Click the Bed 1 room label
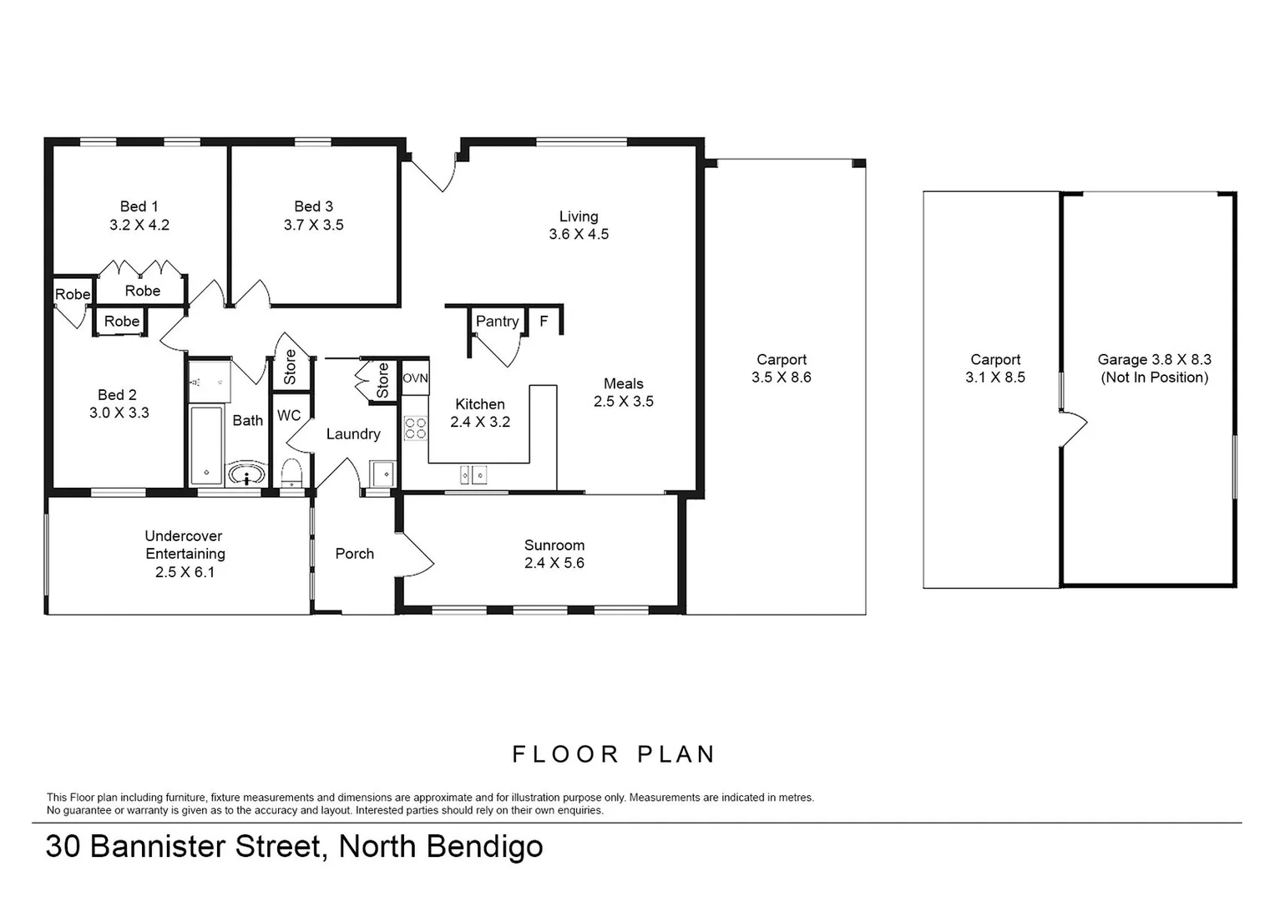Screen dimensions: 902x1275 tap(139, 206)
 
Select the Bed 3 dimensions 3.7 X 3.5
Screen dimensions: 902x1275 tap(313, 225)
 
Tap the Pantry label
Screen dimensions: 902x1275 tap(497, 322)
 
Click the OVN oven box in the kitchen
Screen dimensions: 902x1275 tap(415, 378)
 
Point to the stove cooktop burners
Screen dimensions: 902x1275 tap(415, 428)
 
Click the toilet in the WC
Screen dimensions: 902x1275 tap(291, 473)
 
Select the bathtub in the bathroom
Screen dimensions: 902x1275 tap(206, 445)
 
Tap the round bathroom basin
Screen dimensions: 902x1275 tap(246, 476)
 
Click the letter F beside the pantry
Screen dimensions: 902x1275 tap(544, 322)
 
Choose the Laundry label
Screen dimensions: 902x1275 tap(353, 434)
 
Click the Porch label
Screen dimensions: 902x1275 tap(354, 554)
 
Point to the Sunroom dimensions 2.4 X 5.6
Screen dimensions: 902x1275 tap(554, 563)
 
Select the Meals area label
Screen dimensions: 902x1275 tap(623, 383)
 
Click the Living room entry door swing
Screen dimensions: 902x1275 tap(434, 173)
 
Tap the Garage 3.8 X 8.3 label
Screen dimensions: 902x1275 tap(1154, 360)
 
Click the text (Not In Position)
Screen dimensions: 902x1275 tap(1154, 378)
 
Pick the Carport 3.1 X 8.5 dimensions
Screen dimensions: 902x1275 tap(995, 378)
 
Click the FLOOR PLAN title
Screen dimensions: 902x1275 tap(614, 755)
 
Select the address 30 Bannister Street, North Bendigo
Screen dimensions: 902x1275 tap(294, 847)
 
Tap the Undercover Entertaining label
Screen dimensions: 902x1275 tap(185, 545)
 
